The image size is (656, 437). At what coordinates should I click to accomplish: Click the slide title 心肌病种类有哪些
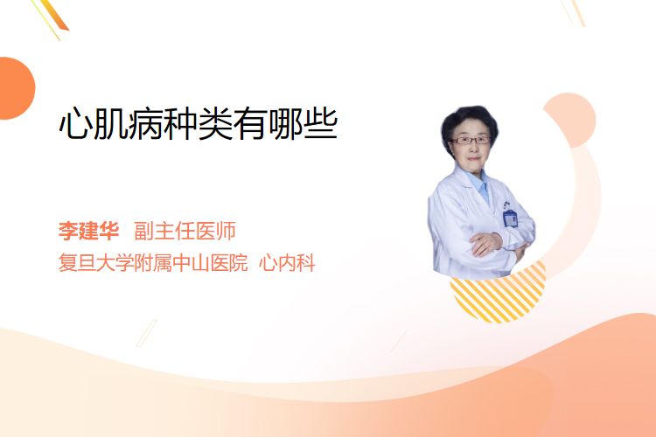[199, 123]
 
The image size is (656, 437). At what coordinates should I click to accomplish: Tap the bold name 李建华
[88, 231]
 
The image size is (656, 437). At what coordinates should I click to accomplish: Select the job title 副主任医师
[185, 231]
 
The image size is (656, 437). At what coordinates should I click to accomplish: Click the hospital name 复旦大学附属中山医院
[153, 262]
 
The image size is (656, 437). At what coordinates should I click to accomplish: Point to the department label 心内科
[287, 262]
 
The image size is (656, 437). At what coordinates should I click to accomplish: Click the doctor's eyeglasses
[471, 140]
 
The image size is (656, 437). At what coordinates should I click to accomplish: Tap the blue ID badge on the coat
[510, 217]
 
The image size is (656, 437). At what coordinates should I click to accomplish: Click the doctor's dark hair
[469, 121]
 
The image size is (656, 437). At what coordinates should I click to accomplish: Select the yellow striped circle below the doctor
[499, 295]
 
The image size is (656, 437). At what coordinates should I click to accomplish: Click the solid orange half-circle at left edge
[16, 88]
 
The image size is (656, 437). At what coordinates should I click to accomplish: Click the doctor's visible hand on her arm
[485, 243]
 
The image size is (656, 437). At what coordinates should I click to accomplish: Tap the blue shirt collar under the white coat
[481, 184]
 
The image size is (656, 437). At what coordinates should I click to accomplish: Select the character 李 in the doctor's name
[68, 231]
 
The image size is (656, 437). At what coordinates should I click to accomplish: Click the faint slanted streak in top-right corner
[574, 12]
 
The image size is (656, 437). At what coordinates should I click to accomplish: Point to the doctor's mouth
[473, 158]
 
